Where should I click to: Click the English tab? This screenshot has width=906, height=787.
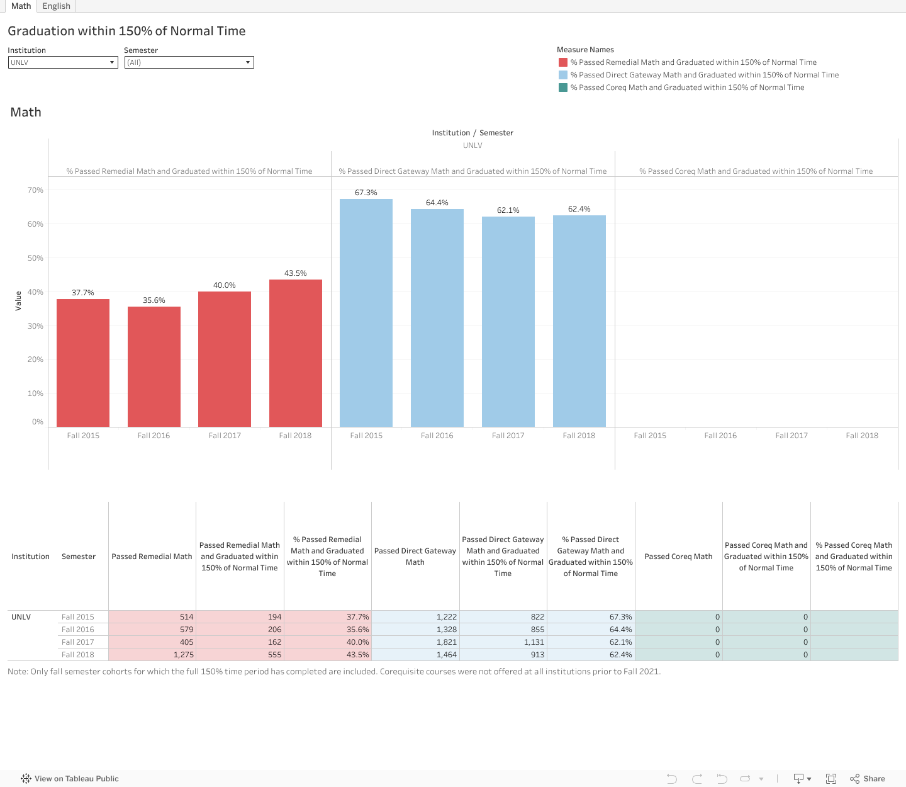coord(56,6)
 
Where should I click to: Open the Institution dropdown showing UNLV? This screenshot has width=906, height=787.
coord(63,62)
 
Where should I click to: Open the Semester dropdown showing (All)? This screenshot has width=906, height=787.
coord(189,62)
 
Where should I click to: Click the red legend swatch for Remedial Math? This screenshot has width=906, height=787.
coord(563,62)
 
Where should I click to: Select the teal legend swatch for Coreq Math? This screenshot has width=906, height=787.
coord(563,88)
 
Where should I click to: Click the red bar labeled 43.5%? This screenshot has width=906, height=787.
coord(296,353)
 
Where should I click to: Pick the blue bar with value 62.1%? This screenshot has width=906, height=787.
coord(508,322)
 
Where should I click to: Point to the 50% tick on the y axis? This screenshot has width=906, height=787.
coord(35,258)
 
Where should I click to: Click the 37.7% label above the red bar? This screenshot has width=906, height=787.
coord(83,293)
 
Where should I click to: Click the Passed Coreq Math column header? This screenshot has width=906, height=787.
coord(678,557)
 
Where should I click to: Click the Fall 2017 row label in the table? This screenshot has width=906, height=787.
coord(78,642)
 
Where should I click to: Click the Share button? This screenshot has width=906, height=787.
coord(868,779)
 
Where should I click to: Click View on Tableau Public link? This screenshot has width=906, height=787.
coord(76,779)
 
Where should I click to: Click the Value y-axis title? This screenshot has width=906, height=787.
coord(18,300)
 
